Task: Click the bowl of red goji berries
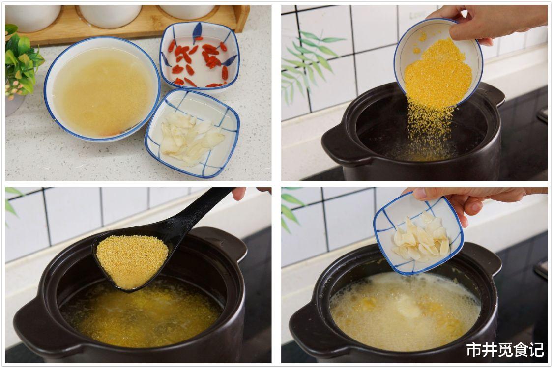click(x=200, y=57)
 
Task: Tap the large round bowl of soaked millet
click(x=102, y=89)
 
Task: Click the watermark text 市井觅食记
click(x=505, y=350)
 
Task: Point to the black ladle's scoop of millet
click(x=132, y=262)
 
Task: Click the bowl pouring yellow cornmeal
click(x=438, y=63)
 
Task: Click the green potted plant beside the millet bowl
click(x=21, y=62)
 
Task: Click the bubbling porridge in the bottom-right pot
click(x=406, y=310)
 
